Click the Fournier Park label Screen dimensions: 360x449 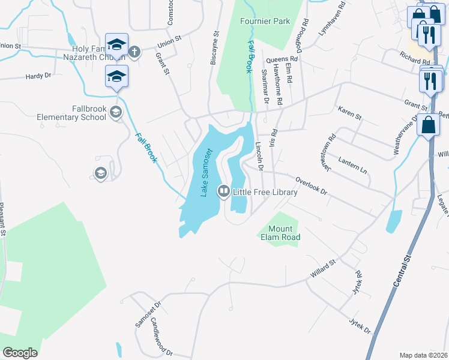pyautogui.click(x=265, y=21)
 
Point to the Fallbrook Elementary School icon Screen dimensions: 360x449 pyautogui.click(x=116, y=112)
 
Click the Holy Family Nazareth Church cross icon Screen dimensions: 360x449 pyautogui.click(x=134, y=52)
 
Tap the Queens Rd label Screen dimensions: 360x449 pyautogui.click(x=278, y=59)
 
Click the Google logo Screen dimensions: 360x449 pyautogui.click(x=20, y=353)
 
